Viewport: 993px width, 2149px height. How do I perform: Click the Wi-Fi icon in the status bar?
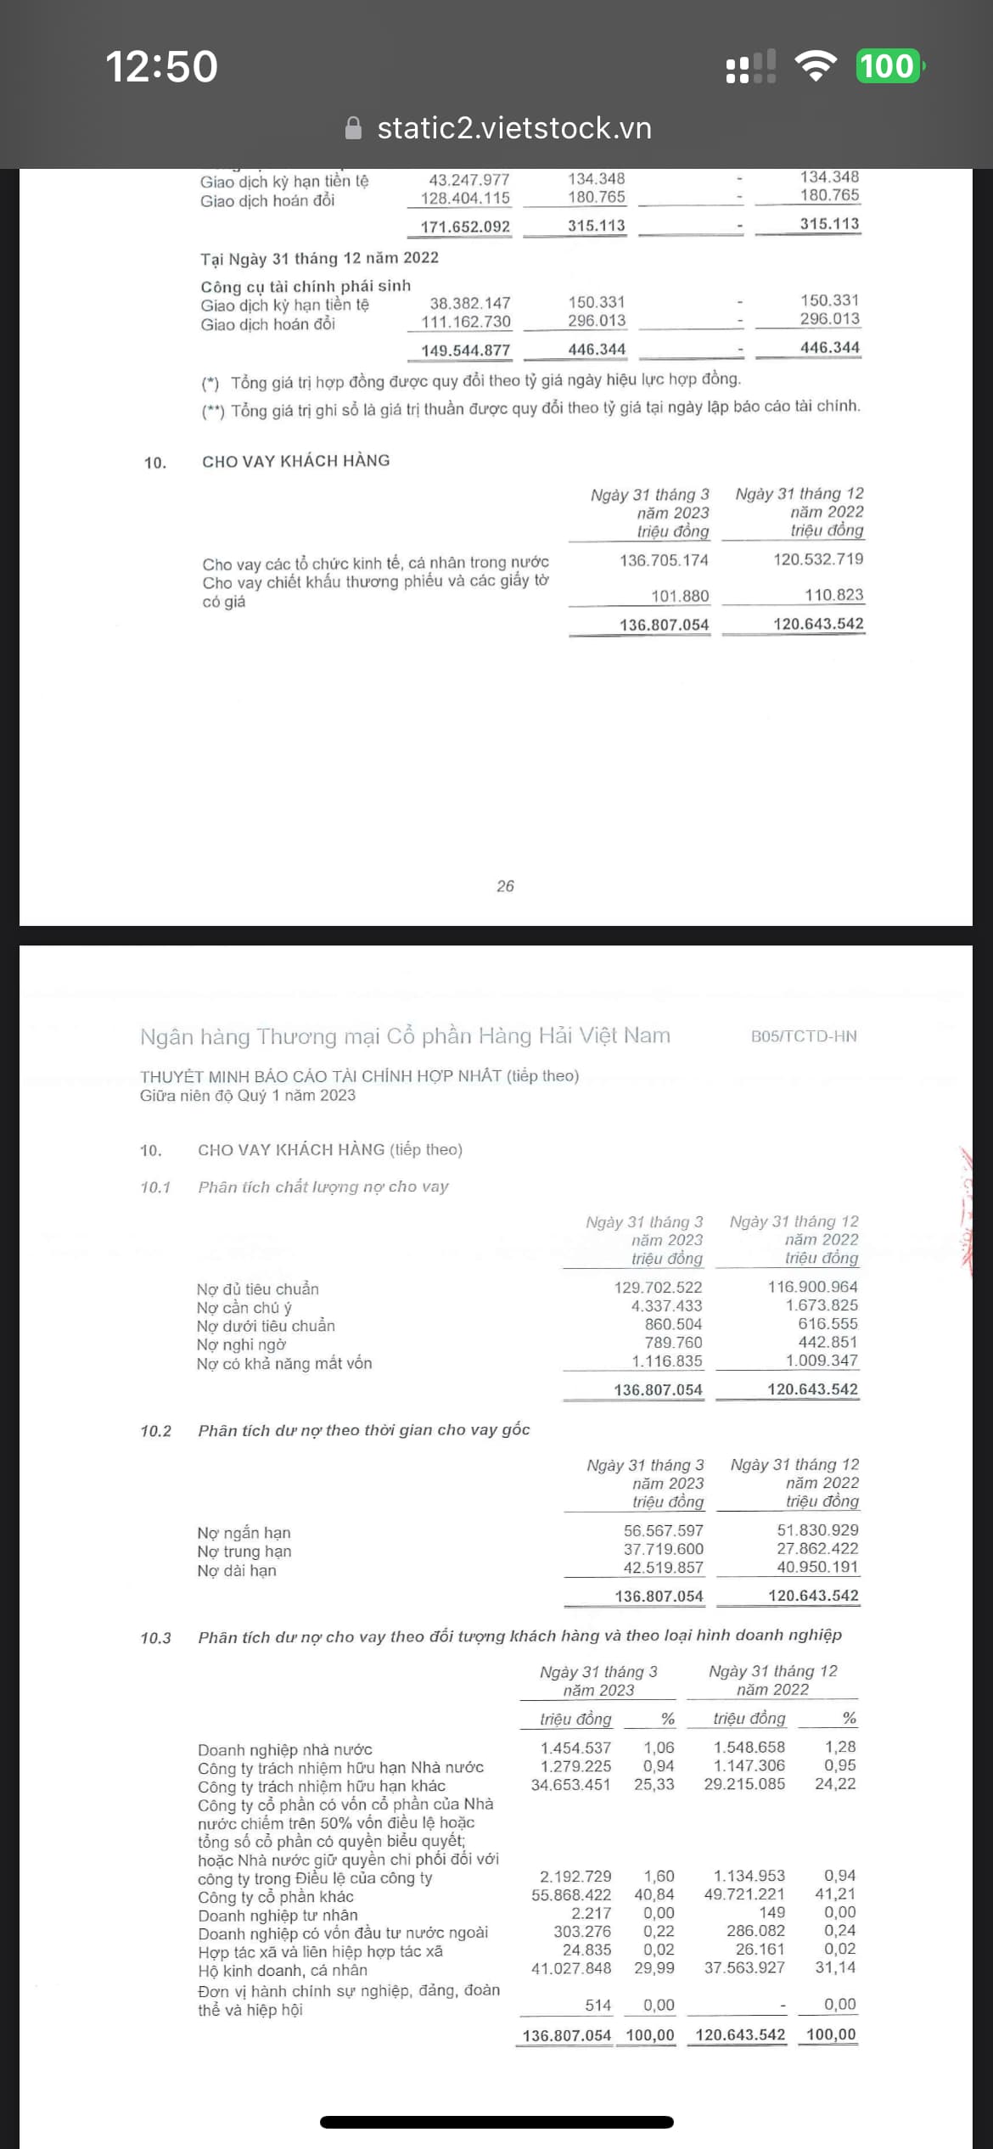pyautogui.click(x=816, y=66)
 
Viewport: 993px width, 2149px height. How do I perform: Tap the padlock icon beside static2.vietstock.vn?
pyautogui.click(x=354, y=128)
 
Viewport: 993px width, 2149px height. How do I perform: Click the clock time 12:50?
pyautogui.click(x=161, y=66)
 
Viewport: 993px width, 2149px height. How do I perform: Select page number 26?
pyautogui.click(x=505, y=886)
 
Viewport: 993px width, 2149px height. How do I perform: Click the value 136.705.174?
pyautogui.click(x=664, y=560)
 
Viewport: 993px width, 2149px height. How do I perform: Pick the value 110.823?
pyautogui.click(x=833, y=595)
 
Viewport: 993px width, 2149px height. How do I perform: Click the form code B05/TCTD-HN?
pyautogui.click(x=804, y=1036)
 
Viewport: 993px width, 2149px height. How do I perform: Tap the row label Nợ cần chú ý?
pyautogui.click(x=244, y=1308)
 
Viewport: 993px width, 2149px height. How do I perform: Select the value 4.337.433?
pyautogui.click(x=666, y=1306)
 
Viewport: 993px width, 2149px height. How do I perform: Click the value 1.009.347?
pyautogui.click(x=821, y=1361)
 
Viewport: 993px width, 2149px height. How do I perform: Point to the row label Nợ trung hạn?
pyautogui.click(x=244, y=1551)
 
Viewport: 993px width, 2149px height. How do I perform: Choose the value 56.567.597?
pyautogui.click(x=663, y=1530)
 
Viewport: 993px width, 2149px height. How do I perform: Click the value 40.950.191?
pyautogui.click(x=817, y=1567)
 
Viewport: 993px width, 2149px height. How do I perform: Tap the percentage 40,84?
pyautogui.click(x=654, y=1894)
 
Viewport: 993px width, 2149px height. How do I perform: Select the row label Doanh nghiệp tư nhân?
pyautogui.click(x=278, y=1915)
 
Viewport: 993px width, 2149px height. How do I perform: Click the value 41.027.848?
pyautogui.click(x=570, y=1967)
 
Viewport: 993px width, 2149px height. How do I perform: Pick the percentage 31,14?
pyautogui.click(x=835, y=1967)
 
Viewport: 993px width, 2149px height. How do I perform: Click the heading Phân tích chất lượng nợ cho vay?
pyautogui.click(x=323, y=1187)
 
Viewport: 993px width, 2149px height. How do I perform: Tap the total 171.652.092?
pyautogui.click(x=465, y=227)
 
